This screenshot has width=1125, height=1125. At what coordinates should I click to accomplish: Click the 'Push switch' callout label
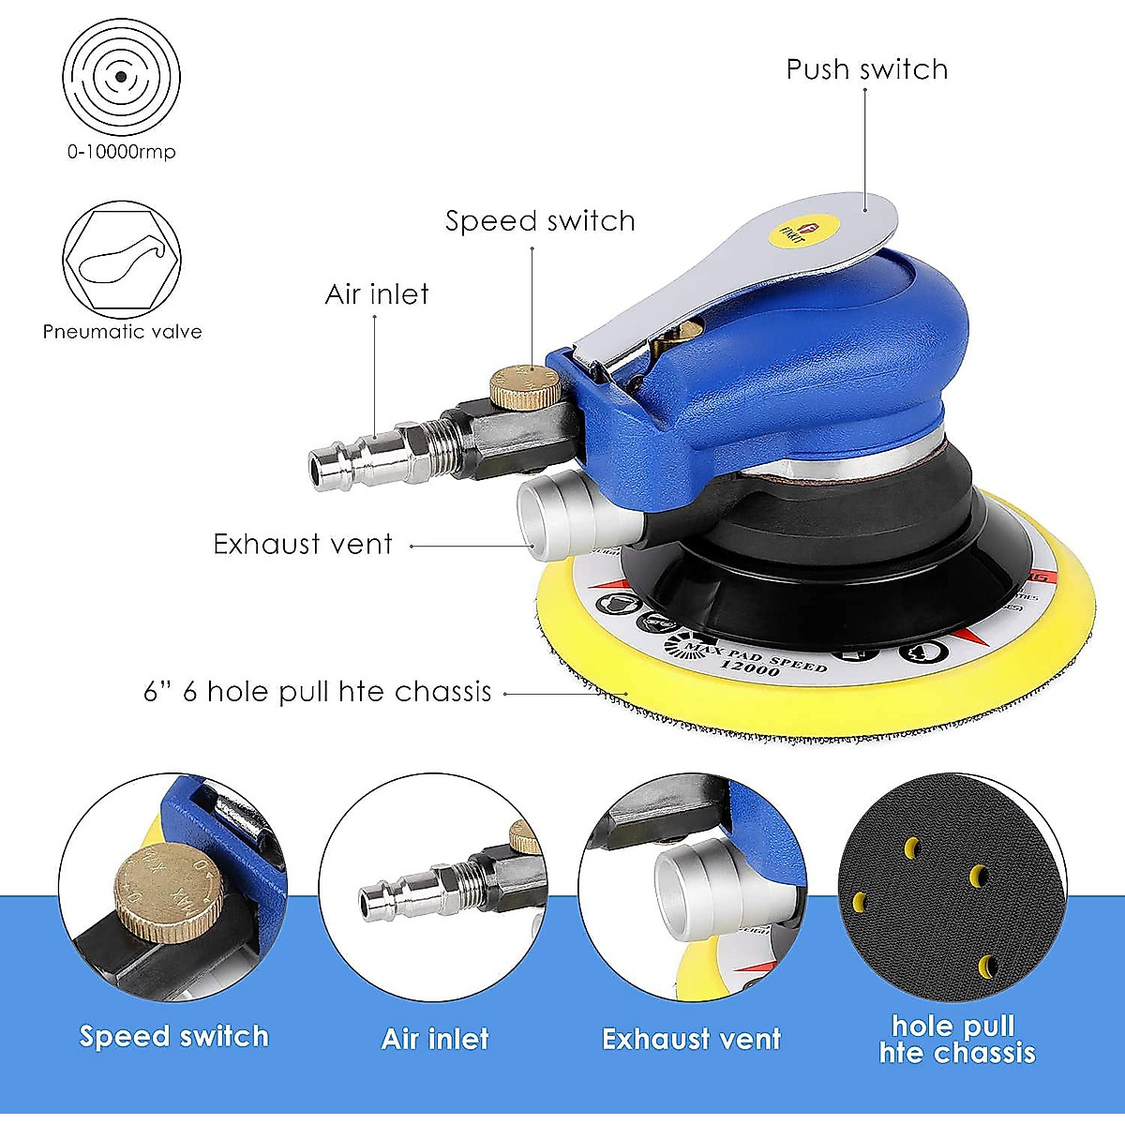click(x=866, y=70)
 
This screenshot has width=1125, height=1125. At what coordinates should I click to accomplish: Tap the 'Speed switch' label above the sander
click(x=540, y=221)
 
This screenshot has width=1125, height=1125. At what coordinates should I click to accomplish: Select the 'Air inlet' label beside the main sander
click(x=377, y=294)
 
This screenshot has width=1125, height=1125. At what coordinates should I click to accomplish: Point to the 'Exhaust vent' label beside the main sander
click(x=302, y=545)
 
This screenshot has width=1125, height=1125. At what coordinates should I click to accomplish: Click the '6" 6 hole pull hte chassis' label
click(x=318, y=692)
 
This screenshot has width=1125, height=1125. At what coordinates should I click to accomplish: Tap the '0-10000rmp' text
click(x=121, y=152)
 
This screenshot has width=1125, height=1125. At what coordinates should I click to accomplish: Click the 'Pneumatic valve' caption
click(x=122, y=332)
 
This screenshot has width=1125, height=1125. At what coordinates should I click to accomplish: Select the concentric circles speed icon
click(x=121, y=77)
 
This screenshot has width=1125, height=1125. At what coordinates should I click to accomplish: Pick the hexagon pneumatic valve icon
click(x=122, y=261)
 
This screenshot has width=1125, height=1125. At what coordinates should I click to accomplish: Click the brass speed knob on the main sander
click(x=524, y=385)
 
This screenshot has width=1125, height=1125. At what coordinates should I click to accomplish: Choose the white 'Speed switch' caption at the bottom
click(x=174, y=1036)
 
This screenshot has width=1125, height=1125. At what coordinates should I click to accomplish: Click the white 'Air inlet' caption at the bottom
click(x=435, y=1039)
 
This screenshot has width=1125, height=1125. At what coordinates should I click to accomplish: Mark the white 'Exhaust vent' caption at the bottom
click(x=691, y=1039)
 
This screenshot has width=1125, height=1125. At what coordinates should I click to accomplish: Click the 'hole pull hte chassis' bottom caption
click(x=956, y=1039)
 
